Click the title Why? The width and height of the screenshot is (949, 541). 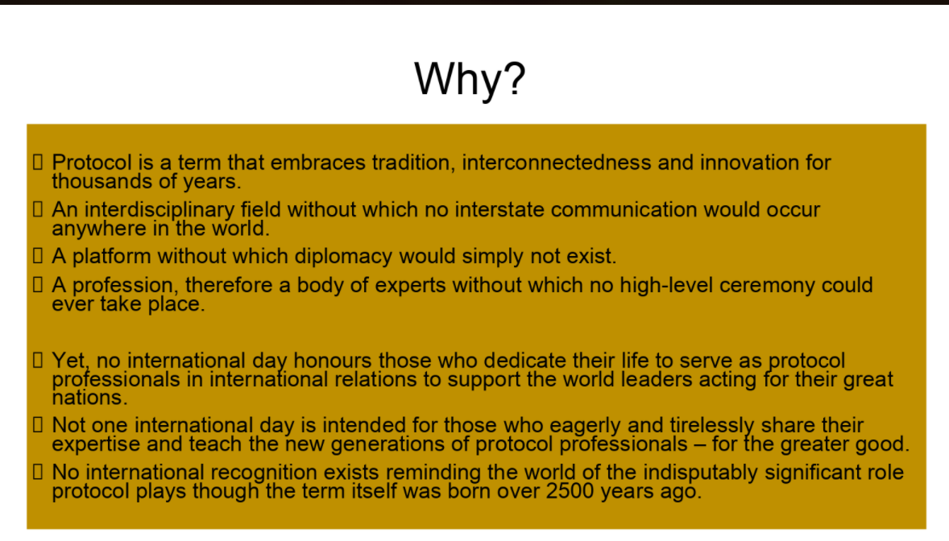(x=470, y=79)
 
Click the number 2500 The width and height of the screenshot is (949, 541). (x=573, y=491)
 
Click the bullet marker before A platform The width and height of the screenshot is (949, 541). (x=37, y=258)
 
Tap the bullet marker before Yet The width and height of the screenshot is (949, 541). (x=37, y=361)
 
